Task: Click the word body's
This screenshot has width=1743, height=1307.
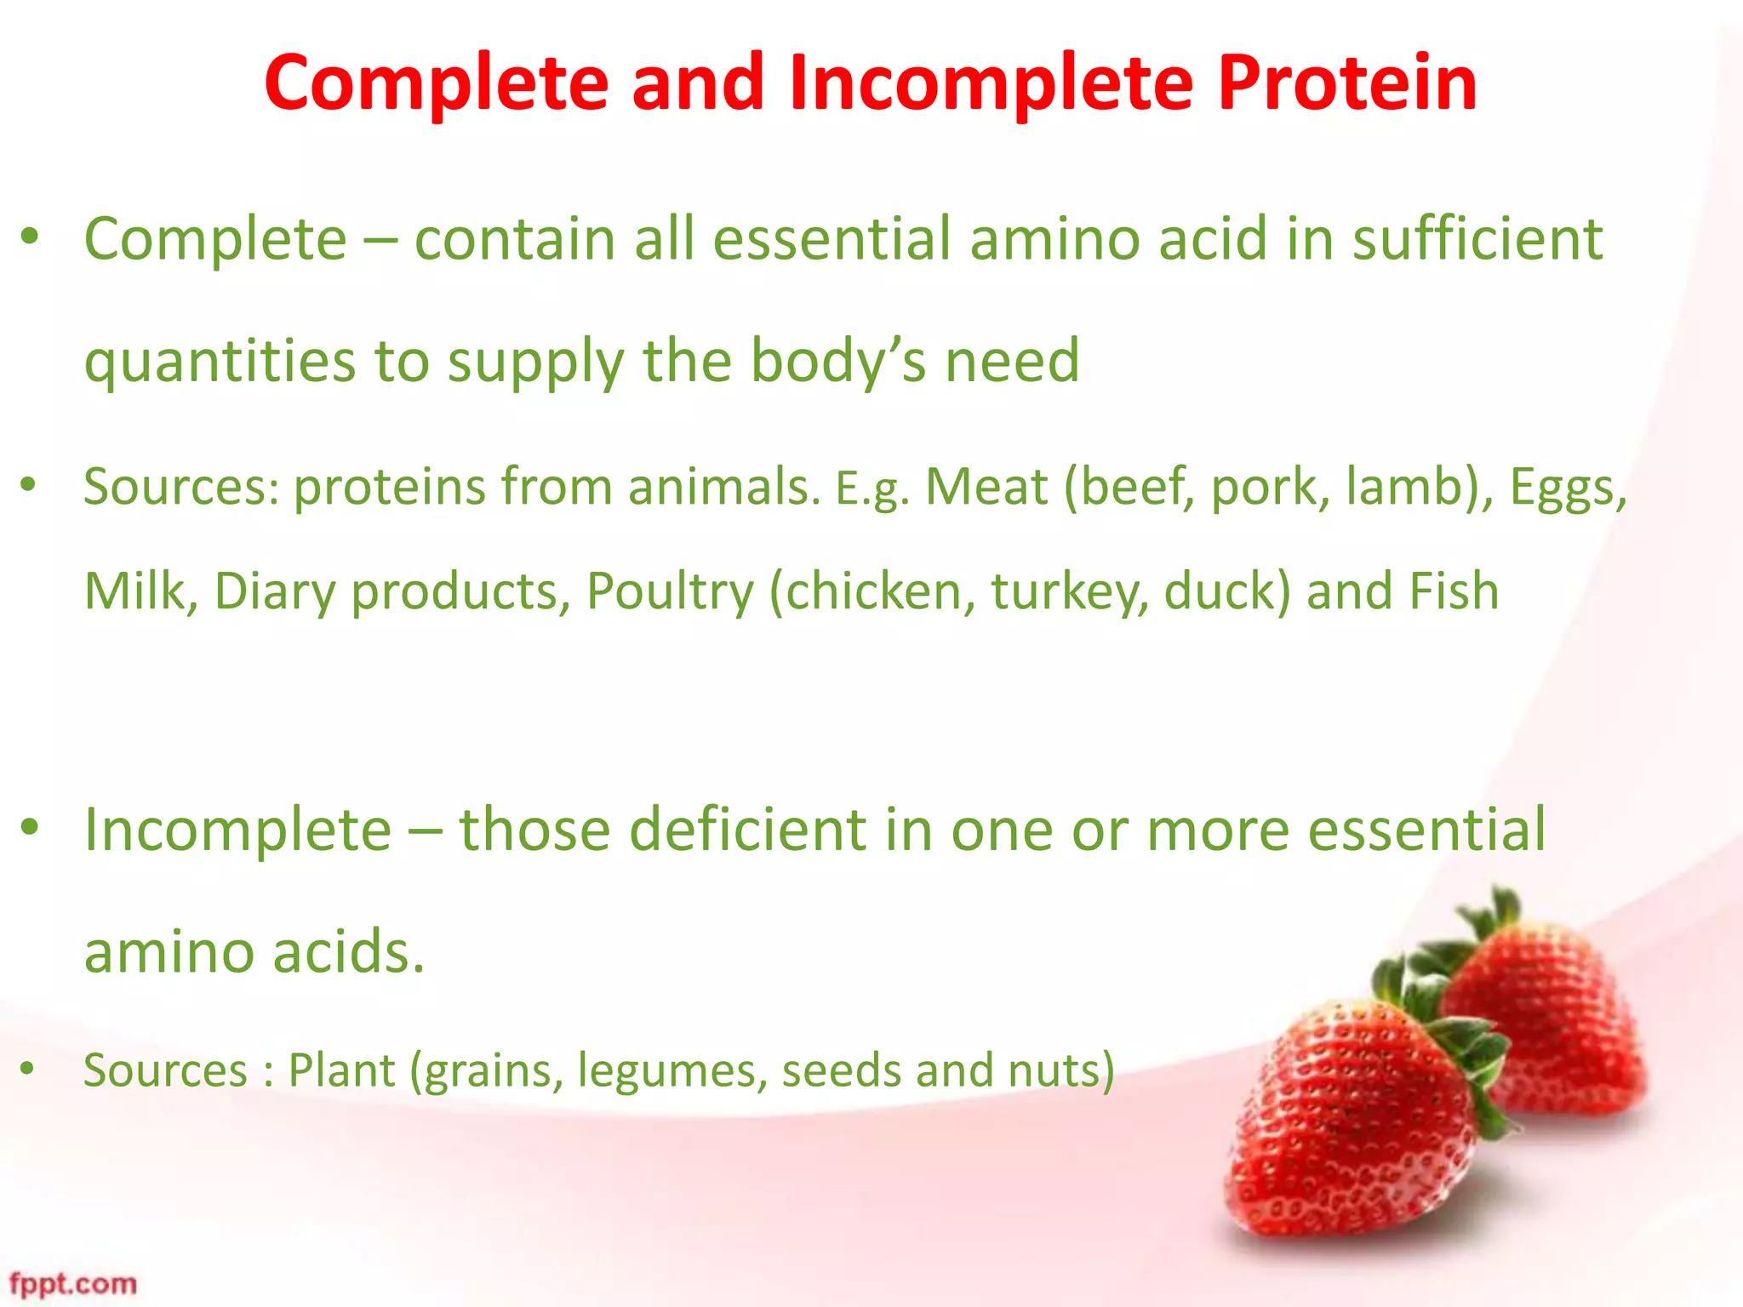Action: (837, 362)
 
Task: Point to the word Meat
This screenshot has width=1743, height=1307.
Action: (986, 488)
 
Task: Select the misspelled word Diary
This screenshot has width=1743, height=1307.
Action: (274, 591)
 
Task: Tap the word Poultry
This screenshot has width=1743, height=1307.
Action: (670, 591)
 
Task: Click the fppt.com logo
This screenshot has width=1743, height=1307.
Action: (72, 1283)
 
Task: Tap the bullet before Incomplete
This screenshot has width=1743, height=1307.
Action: (31, 826)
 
